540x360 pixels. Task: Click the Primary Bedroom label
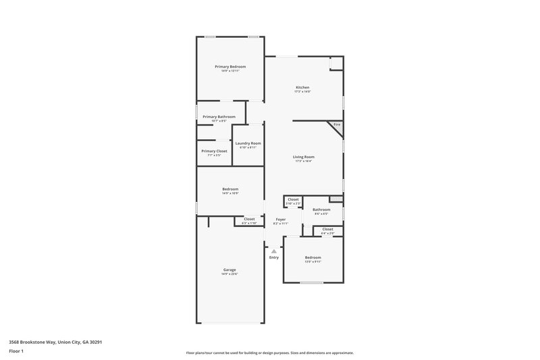pyautogui.click(x=230, y=67)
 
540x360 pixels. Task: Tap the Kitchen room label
pyautogui.click(x=302, y=88)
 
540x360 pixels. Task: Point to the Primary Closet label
pyautogui.click(x=214, y=151)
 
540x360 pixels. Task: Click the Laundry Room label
pyautogui.click(x=248, y=143)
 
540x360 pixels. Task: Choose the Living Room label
pyautogui.click(x=304, y=157)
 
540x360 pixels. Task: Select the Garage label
pyautogui.click(x=230, y=269)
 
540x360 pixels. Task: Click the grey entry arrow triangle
pyautogui.click(x=273, y=251)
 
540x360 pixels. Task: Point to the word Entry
pyautogui.click(x=273, y=257)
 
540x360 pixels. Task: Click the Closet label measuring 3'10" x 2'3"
pyautogui.click(x=293, y=200)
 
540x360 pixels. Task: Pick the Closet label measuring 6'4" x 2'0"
pyautogui.click(x=327, y=230)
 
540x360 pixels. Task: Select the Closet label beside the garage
pyautogui.click(x=249, y=220)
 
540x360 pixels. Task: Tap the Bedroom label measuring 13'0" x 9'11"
pyautogui.click(x=313, y=257)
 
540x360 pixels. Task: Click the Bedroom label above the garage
pyautogui.click(x=230, y=189)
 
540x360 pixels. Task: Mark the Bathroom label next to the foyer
pyautogui.click(x=321, y=210)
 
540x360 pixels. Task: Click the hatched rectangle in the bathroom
pyautogui.click(x=335, y=199)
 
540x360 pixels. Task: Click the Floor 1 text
pyautogui.click(x=16, y=352)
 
